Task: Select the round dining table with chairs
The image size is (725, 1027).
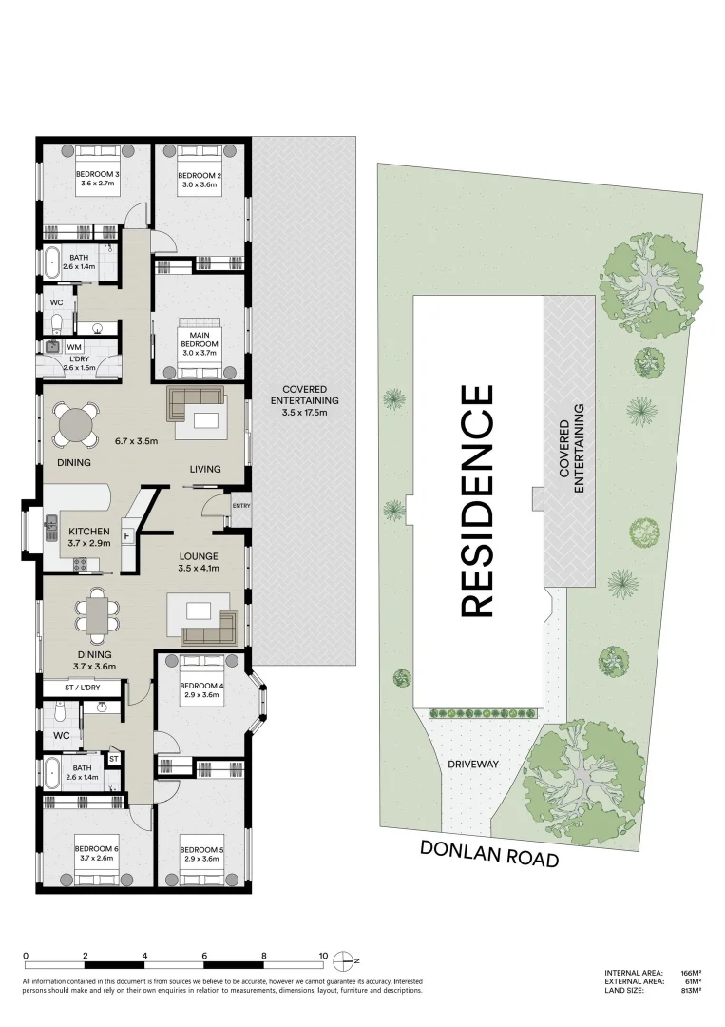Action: [x=75, y=423]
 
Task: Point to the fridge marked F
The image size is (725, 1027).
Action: [x=125, y=537]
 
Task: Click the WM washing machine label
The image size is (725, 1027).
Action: [x=74, y=347]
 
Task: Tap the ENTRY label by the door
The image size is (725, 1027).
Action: [x=240, y=506]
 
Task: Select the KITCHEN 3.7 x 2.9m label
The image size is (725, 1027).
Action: [x=88, y=536]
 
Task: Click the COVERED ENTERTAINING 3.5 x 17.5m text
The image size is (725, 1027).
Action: [x=304, y=400]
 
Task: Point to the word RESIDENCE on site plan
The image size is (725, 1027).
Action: [x=478, y=500]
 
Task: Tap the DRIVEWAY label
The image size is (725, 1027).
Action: [x=473, y=764]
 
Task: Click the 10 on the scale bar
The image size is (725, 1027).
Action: [x=323, y=956]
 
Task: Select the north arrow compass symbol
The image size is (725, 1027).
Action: [x=352, y=958]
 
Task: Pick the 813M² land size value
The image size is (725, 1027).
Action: [x=691, y=991]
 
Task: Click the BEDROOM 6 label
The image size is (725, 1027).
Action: [x=95, y=853]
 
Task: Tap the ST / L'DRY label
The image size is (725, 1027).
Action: [x=83, y=686]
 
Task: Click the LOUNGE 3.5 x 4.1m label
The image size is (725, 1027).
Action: [x=200, y=561]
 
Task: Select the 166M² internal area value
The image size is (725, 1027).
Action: [x=691, y=973]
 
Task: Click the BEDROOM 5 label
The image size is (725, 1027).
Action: [x=200, y=853]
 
